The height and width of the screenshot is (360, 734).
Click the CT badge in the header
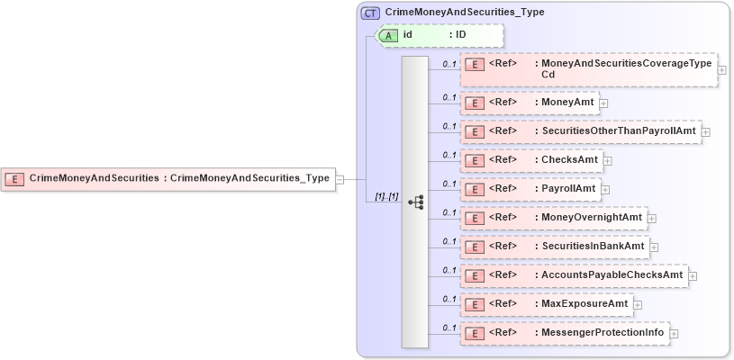pyautogui.click(x=370, y=13)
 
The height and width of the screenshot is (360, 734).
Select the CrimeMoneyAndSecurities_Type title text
pyautogui.click(x=464, y=13)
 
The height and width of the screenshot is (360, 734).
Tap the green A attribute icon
pyautogui.click(x=388, y=35)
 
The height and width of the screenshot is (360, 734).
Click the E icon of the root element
pyautogui.click(x=14, y=178)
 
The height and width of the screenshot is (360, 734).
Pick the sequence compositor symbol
pyautogui.click(x=415, y=202)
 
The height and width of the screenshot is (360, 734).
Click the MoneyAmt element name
pyautogui.click(x=568, y=103)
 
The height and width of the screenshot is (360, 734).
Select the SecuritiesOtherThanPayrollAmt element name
pyautogui.click(x=619, y=131)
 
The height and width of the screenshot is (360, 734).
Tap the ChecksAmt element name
pyautogui.click(x=570, y=160)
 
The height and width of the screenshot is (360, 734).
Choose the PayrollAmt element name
pyautogui.click(x=570, y=189)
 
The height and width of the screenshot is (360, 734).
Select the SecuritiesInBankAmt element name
pyautogui.click(x=594, y=247)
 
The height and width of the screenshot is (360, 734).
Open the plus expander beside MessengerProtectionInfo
pyautogui.click(x=674, y=334)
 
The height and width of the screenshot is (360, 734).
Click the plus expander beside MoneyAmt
pyautogui.click(x=603, y=103)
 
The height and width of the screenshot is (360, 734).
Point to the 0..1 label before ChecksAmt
pyautogui.click(x=449, y=155)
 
